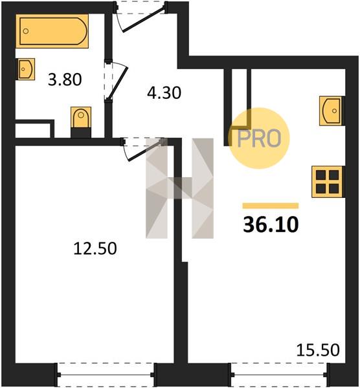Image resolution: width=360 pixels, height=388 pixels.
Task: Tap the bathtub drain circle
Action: click(x=26, y=31)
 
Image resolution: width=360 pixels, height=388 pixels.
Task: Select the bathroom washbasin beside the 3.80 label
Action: click(x=25, y=69)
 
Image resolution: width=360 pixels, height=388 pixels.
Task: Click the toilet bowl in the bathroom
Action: click(x=81, y=117)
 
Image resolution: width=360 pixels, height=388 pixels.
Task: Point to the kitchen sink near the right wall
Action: click(x=331, y=111)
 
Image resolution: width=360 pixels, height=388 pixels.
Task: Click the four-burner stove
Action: click(x=327, y=182)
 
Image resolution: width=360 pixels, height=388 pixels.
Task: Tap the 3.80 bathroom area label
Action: click(x=65, y=80)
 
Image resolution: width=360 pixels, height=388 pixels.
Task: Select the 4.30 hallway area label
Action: click(x=164, y=93)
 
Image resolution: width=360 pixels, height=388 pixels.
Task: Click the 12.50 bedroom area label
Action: click(x=95, y=248)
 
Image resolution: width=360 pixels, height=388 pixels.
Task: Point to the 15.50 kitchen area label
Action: click(x=318, y=350)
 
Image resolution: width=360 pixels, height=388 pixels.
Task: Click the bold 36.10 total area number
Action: click(x=271, y=224)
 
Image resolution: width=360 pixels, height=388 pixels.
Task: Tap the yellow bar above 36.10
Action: click(x=271, y=206)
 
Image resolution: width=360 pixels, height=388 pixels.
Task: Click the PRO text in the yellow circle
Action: click(x=259, y=138)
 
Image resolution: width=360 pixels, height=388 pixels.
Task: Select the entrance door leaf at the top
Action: click(x=143, y=20)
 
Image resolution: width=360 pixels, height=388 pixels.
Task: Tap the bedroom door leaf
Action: click(x=146, y=151)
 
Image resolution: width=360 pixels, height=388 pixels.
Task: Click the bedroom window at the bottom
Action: click(x=106, y=374)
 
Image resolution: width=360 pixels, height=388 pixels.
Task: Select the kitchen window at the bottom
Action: click(x=279, y=374)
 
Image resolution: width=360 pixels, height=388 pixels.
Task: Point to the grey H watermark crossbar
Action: click(x=179, y=188)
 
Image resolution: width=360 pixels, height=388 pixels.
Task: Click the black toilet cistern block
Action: click(x=81, y=133)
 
